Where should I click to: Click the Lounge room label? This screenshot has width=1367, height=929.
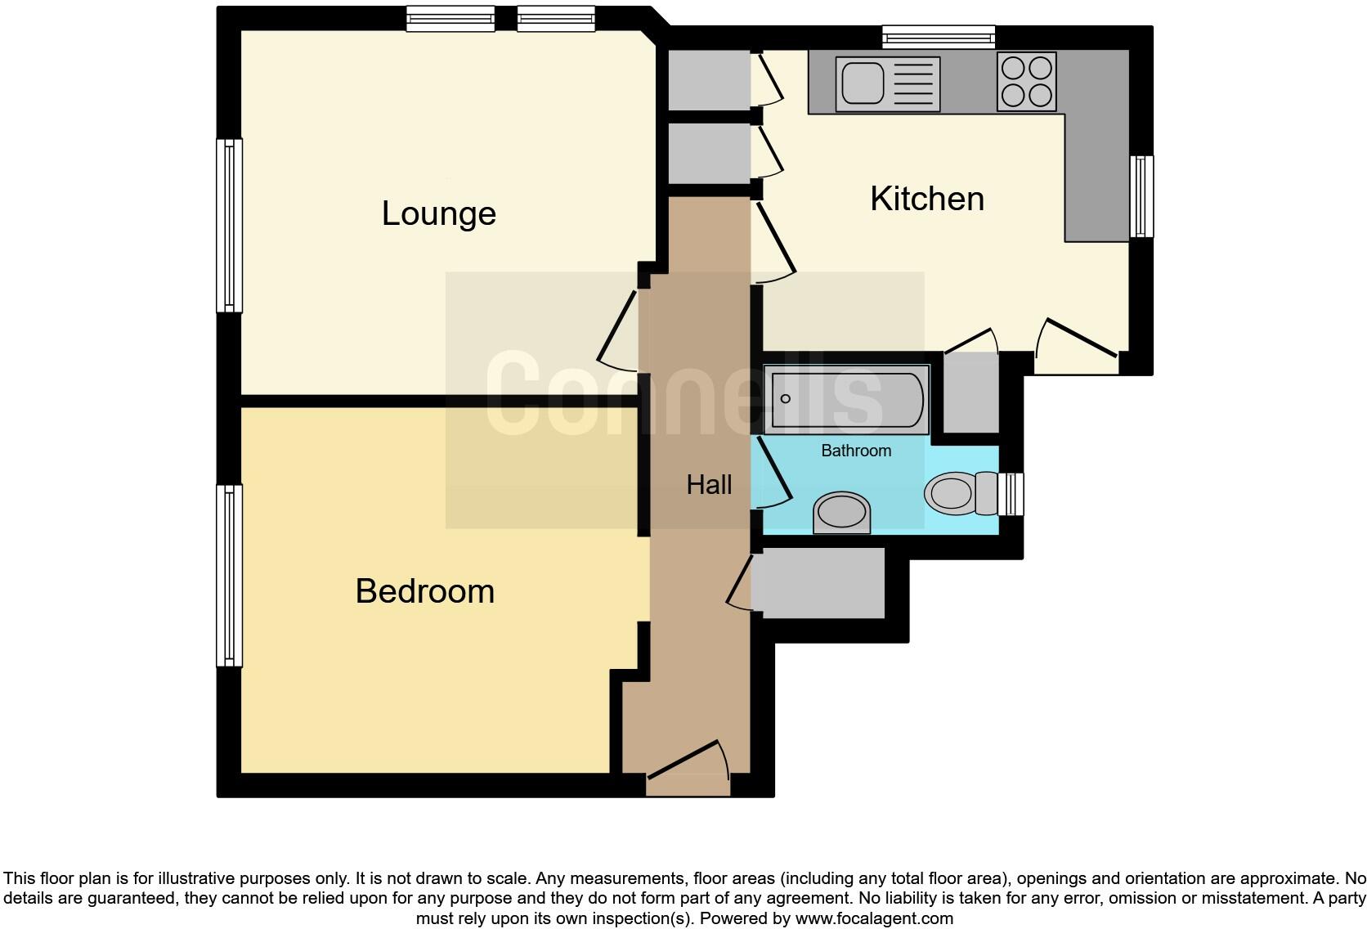click(438, 213)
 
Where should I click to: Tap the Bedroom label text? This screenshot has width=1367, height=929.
click(424, 591)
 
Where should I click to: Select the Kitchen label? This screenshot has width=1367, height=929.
click(926, 199)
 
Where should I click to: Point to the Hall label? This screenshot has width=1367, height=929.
click(709, 485)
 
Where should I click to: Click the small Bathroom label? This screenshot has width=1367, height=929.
click(855, 451)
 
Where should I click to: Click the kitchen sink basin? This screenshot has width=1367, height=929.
click(863, 83)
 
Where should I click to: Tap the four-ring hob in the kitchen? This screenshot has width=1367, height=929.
click(1027, 81)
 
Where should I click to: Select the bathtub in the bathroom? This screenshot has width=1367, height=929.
click(846, 399)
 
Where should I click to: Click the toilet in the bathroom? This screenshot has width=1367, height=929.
click(957, 493)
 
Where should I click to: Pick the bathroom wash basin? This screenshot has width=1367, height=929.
click(841, 513)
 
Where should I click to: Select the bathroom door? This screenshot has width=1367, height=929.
click(773, 470)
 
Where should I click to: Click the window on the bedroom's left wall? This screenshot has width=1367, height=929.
click(229, 575)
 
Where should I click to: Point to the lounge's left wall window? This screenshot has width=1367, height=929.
click(229, 226)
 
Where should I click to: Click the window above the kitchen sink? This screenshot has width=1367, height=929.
click(939, 37)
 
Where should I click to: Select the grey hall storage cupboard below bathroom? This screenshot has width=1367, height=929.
click(818, 583)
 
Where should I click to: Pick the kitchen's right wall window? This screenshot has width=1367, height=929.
click(1141, 196)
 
